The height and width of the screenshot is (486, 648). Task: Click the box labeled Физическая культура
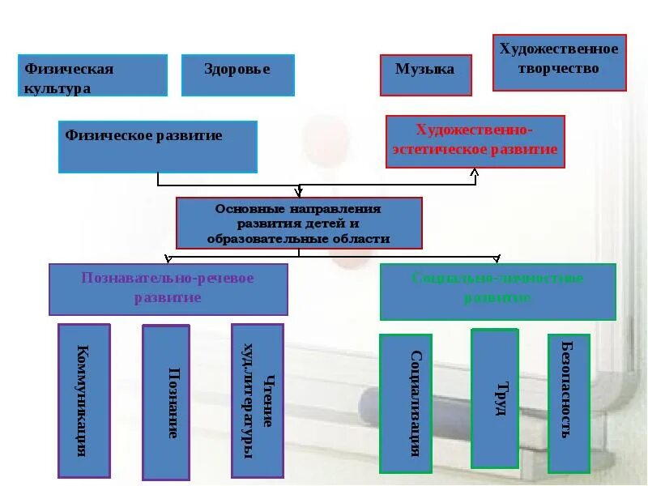[92, 75]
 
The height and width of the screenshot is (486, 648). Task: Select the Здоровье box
[237, 75]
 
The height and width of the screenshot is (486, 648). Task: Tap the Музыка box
[424, 75]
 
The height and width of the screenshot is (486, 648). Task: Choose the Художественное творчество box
[560, 62]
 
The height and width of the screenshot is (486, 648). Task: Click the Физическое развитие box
[157, 147]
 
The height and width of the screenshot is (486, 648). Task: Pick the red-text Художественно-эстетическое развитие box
[475, 142]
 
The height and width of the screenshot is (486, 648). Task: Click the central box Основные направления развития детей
[299, 223]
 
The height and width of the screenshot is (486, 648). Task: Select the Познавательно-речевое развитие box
[168, 289]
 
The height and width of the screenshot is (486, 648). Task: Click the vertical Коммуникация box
[83, 400]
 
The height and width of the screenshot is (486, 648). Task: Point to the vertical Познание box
[166, 403]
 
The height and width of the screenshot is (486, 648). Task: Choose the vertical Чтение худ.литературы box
[257, 400]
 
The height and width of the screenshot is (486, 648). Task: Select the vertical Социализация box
[406, 403]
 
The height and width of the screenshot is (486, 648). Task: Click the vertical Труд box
[494, 398]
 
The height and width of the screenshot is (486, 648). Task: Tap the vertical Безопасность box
[569, 403]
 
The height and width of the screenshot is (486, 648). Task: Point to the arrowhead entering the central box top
[299, 194]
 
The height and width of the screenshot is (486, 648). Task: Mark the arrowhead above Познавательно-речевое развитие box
[168, 260]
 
